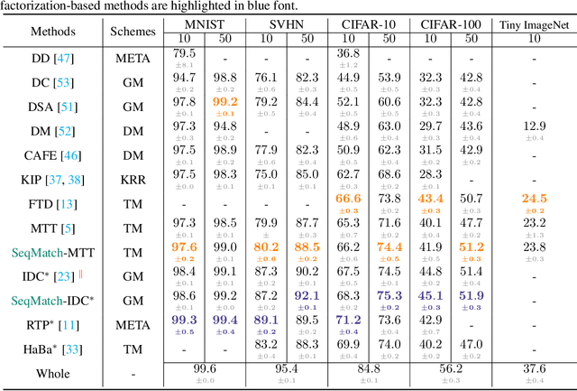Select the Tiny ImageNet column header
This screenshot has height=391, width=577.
pos(536,24)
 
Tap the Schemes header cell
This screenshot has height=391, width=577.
pos(133,31)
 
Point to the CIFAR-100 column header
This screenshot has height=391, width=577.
pos(449,24)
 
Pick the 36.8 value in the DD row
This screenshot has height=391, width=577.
pos(347,52)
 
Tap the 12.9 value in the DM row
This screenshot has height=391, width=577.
pos(535,126)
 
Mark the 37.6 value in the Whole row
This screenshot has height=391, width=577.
pos(535,368)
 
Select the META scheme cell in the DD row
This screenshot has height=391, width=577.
pos(133,58)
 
